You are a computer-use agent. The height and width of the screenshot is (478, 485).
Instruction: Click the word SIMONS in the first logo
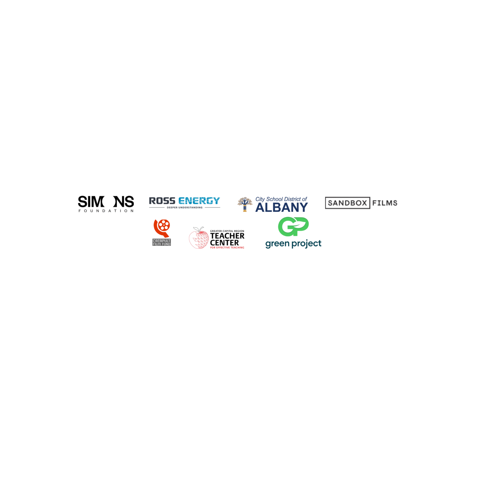point(106,202)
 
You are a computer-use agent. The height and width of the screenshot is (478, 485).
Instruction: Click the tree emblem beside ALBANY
point(245,203)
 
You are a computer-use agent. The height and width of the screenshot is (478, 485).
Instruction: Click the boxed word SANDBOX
point(347,203)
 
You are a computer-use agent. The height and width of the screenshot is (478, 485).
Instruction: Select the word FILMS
point(384,203)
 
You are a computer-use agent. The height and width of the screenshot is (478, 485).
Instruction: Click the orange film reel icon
point(162,227)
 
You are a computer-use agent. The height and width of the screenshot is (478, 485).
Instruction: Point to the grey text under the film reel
point(162,242)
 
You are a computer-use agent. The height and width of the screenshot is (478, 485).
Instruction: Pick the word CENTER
point(226,243)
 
